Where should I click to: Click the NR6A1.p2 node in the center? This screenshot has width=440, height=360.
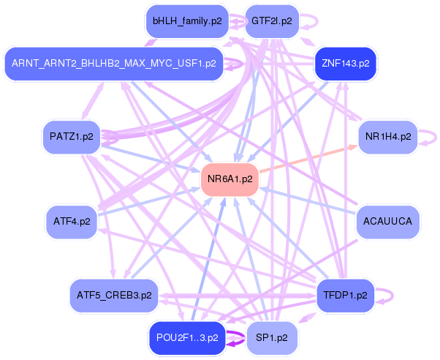230,179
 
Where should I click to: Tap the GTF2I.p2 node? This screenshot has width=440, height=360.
271,21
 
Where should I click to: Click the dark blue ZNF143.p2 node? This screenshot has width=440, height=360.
345,64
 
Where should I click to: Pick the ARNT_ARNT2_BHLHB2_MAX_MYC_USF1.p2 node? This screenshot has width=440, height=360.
113,64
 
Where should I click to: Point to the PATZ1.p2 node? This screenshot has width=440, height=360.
71,137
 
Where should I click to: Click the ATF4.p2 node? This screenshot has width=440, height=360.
71,221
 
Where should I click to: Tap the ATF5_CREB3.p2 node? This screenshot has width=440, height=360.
114,296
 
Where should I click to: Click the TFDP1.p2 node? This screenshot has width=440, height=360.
345,296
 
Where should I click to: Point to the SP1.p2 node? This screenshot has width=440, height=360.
271,337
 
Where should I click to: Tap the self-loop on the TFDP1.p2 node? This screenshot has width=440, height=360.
390,296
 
